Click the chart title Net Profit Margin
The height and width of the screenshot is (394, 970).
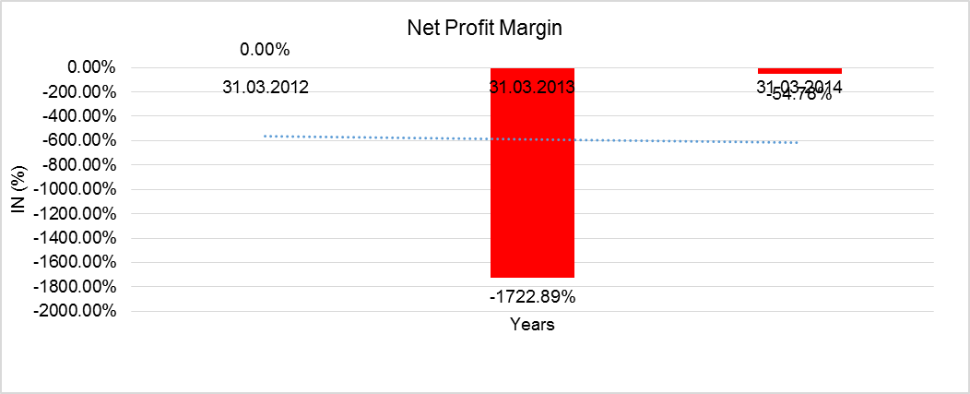(x=484, y=29)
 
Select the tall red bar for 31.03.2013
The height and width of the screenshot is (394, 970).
(x=532, y=185)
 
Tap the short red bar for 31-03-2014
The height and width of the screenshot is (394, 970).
(x=799, y=70)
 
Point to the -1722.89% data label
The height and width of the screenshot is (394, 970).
(x=532, y=297)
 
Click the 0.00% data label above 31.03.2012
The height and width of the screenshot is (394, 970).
(x=265, y=49)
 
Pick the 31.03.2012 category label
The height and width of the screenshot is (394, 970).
(x=265, y=88)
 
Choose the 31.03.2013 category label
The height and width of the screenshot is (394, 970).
(x=532, y=88)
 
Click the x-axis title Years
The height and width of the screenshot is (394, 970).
(x=532, y=325)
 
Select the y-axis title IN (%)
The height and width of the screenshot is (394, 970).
(x=18, y=188)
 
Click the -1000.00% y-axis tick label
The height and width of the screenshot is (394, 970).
(x=77, y=189)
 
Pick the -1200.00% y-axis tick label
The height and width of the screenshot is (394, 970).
(x=77, y=213)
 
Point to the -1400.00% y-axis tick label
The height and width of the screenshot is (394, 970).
(x=77, y=238)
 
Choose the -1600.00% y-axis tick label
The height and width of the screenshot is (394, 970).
(x=77, y=262)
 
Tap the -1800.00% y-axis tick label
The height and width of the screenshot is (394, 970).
(x=77, y=286)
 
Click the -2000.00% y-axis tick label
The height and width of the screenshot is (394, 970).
(x=77, y=311)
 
